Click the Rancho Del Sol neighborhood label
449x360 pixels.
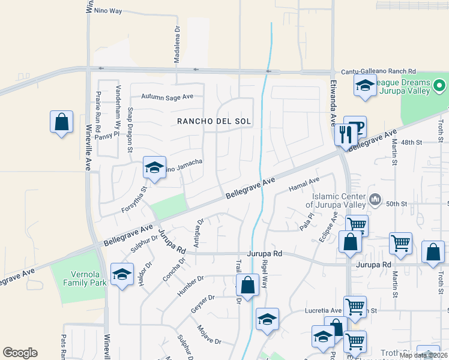coord(214,121)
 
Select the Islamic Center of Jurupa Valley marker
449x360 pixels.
coord(375,199)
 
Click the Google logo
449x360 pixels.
coord(20,353)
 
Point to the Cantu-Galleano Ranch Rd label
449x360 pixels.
coord(379,71)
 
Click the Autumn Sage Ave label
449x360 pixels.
coord(167,96)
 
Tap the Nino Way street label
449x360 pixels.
coord(109,11)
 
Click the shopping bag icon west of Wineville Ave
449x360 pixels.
coord(61,122)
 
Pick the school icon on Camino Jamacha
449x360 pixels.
coord(154,167)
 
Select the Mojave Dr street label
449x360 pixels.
coord(209,334)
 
